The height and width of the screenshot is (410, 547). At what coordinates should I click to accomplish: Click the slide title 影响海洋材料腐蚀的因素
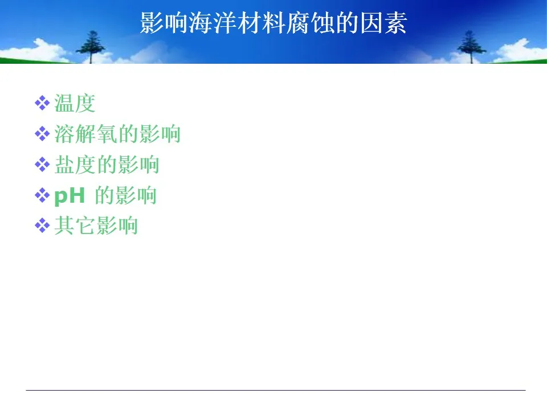273,23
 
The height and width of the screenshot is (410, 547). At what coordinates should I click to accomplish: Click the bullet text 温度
75,104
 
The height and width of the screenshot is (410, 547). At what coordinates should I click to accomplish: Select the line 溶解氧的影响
117,134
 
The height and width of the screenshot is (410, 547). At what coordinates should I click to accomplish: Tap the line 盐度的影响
107,165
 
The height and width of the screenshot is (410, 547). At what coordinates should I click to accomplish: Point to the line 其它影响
96,225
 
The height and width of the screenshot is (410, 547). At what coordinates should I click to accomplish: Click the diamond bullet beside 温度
42,103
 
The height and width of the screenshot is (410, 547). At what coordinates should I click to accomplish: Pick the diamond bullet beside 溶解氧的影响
42,134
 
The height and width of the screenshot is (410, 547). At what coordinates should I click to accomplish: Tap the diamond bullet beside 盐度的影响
42,165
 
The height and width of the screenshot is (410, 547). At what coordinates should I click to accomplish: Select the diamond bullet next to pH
42,195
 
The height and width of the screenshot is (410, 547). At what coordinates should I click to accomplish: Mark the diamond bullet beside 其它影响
42,225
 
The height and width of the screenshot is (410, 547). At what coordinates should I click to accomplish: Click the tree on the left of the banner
91,47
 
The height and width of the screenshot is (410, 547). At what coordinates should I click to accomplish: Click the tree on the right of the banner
471,47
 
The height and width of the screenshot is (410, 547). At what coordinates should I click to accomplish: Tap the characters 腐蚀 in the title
310,23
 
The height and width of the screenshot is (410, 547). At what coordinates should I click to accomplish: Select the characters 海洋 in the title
213,23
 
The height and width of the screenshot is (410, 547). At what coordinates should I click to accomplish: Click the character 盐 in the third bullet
65,165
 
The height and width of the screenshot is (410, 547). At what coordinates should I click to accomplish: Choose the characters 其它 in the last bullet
75,225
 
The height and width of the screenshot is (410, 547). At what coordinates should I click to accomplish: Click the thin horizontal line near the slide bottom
276,390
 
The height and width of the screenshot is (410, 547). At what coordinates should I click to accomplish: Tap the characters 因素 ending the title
383,23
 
